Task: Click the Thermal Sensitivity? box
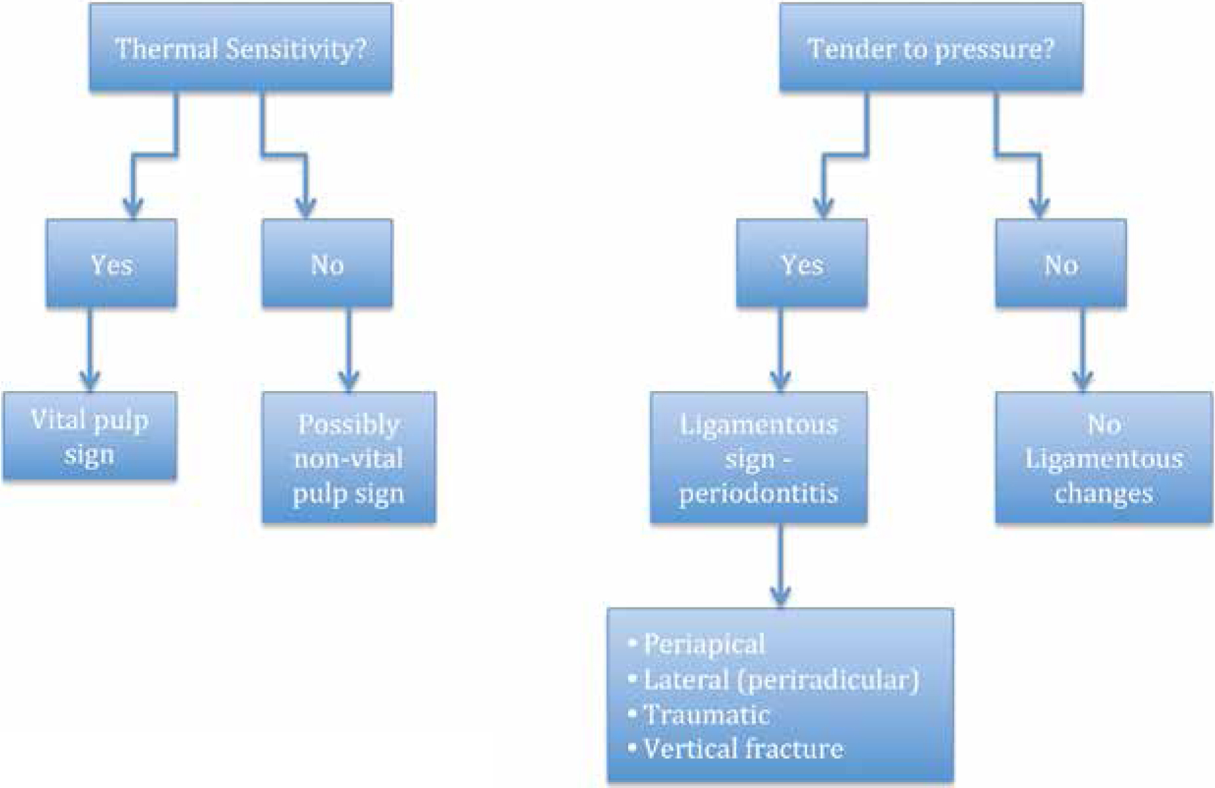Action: (241, 47)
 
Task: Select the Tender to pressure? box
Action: (930, 47)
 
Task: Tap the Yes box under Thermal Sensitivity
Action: (111, 263)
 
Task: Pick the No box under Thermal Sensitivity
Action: (327, 263)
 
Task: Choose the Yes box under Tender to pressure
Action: (801, 263)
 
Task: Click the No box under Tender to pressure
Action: (1060, 263)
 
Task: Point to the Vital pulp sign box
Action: (90, 436)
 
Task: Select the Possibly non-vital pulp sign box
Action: (349, 458)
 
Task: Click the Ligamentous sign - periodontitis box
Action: (759, 458)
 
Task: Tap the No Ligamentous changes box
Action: (1104, 458)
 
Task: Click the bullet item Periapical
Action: (696, 644)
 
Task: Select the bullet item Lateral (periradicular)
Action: (774, 680)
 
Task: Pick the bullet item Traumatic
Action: (699, 715)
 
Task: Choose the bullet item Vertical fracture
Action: (736, 749)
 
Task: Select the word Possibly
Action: (349, 425)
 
